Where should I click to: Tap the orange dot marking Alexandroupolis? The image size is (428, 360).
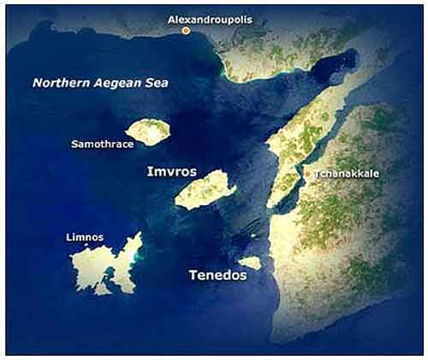(186, 31)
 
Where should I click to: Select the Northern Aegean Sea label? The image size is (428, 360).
(101, 83)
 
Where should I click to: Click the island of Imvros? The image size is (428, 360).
(205, 190)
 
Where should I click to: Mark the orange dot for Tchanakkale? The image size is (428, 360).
(308, 174)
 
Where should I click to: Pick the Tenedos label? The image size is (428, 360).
(217, 275)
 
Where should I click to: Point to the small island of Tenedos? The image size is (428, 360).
(250, 263)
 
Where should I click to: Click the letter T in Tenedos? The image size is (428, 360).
(192, 275)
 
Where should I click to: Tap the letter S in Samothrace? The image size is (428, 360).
(74, 145)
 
